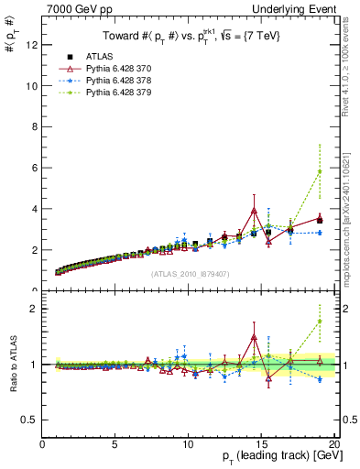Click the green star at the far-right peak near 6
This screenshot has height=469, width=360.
click(319, 171)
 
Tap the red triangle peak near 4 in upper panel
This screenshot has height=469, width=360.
click(254, 211)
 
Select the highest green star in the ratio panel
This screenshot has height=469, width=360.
click(319, 322)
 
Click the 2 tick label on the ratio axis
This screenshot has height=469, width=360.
click(34, 309)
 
